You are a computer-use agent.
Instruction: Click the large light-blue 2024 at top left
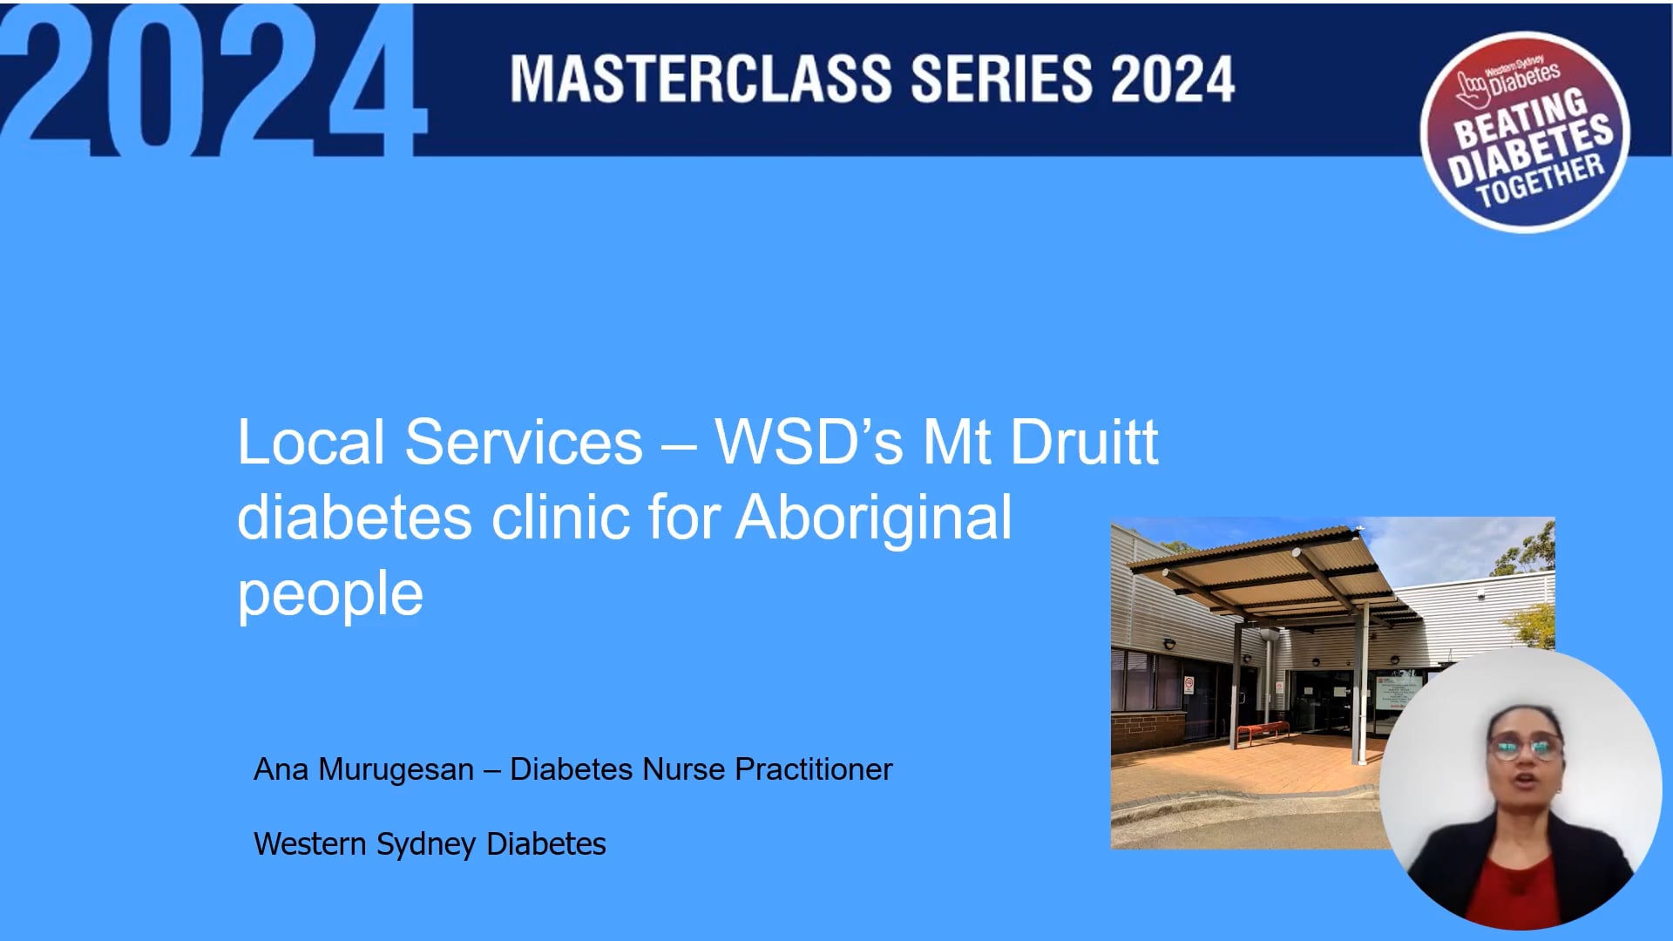pyautogui.click(x=209, y=83)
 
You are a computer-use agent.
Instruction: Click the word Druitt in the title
pyautogui.click(x=1084, y=442)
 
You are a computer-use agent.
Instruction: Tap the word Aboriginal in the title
pyautogui.click(x=874, y=518)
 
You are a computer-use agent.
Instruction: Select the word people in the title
pyautogui.click(x=330, y=594)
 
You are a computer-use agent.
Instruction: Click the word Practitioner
pyautogui.click(x=813, y=769)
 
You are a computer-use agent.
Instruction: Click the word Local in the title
pyautogui.click(x=310, y=442)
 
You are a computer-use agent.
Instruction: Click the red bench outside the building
pyautogui.click(x=1262, y=731)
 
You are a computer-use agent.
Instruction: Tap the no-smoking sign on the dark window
pyautogui.click(x=1188, y=685)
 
